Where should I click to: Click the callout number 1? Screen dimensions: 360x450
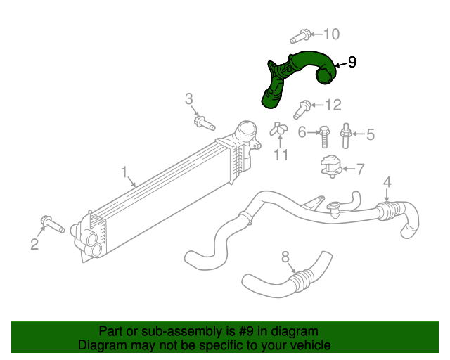pos(124,171)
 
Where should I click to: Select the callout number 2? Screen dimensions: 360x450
pos(34,244)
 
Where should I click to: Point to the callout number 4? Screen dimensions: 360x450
pos(387,184)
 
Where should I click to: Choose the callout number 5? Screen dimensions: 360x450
pos(370,134)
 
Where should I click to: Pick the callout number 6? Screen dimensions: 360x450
pos(302,132)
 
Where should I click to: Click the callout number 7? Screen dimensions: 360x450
pos(360,169)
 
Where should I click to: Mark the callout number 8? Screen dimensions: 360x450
pos(285,257)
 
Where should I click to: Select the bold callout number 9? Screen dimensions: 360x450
pos(352,63)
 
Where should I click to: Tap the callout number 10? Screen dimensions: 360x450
pos(330,34)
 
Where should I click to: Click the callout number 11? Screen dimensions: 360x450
pos(281,155)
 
